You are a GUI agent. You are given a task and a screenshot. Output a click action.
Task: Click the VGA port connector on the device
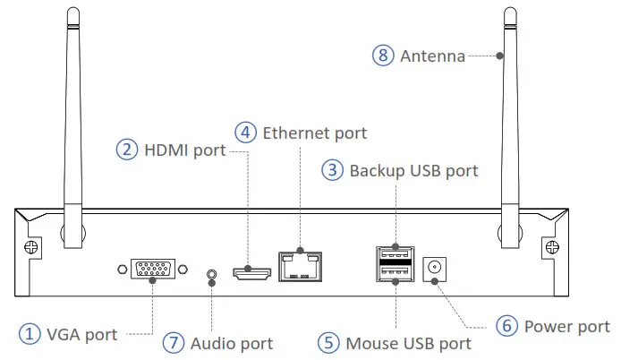[152, 270]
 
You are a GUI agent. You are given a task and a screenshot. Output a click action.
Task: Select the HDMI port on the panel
[251, 270]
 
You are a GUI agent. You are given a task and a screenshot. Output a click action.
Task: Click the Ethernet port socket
[300, 265]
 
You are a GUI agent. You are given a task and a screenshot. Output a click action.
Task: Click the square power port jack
[436, 267]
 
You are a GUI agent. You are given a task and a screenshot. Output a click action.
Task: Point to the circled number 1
[31, 334]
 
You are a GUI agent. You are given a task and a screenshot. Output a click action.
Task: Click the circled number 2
[127, 150]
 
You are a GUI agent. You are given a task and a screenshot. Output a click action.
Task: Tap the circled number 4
[245, 132]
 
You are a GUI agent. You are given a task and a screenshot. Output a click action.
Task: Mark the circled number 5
[329, 342]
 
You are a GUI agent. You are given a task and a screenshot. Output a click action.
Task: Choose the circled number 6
[507, 326]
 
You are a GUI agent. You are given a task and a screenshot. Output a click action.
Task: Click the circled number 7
[174, 342]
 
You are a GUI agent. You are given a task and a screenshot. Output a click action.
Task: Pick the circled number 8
[383, 55]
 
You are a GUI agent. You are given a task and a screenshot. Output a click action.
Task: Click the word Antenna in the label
[433, 56]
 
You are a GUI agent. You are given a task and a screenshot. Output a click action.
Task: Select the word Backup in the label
[376, 169]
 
